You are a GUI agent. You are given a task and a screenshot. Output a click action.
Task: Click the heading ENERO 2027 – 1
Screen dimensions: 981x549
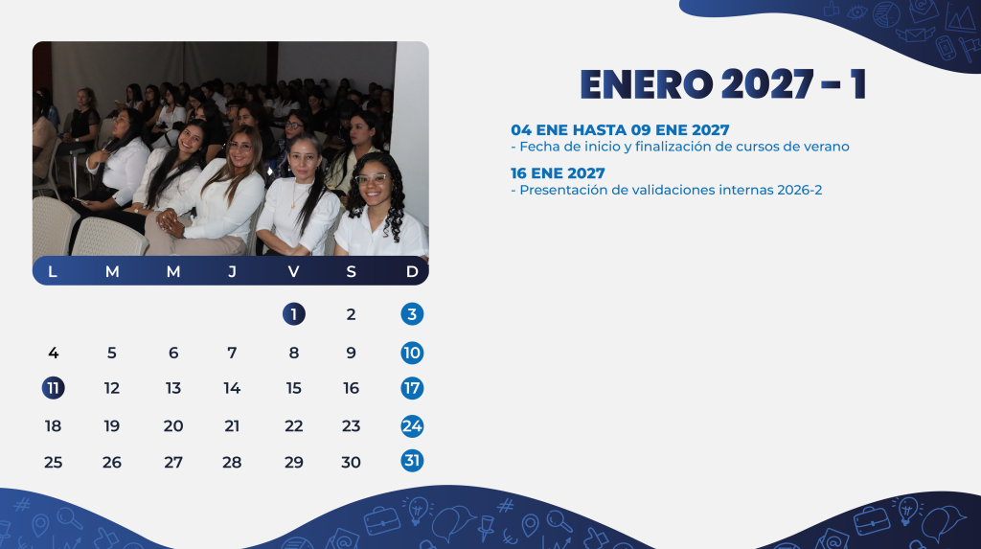point(722,84)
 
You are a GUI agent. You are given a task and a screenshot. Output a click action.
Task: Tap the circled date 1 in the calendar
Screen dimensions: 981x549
point(293,314)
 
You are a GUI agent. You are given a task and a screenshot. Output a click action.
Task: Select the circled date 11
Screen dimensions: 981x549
point(54,388)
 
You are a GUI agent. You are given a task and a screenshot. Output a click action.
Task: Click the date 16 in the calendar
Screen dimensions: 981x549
point(351,388)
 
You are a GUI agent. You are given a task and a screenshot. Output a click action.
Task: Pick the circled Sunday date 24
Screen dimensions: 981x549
point(412,426)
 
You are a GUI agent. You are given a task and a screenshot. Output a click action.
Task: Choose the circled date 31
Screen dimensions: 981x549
point(412,461)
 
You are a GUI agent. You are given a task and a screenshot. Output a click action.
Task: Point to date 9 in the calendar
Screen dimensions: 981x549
point(351,353)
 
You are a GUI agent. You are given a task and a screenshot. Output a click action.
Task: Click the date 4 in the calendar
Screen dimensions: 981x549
point(54,353)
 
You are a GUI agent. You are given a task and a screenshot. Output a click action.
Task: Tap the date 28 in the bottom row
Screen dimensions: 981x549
point(232,463)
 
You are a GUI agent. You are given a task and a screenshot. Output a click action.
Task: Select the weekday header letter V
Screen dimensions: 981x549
point(293,272)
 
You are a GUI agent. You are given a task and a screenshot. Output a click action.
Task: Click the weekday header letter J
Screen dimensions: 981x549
point(232,272)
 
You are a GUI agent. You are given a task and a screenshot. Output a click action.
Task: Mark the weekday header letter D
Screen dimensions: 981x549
point(412,272)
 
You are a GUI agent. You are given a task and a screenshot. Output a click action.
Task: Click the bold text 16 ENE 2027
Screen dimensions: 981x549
point(558,173)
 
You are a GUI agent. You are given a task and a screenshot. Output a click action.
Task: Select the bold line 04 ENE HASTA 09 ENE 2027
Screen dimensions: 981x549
point(620,130)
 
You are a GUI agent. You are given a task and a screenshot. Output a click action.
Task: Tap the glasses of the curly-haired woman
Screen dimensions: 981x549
point(372,179)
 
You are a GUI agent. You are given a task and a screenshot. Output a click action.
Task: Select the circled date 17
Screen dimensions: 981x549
point(412,388)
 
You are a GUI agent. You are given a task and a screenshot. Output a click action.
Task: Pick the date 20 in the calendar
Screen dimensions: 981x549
point(173,426)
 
